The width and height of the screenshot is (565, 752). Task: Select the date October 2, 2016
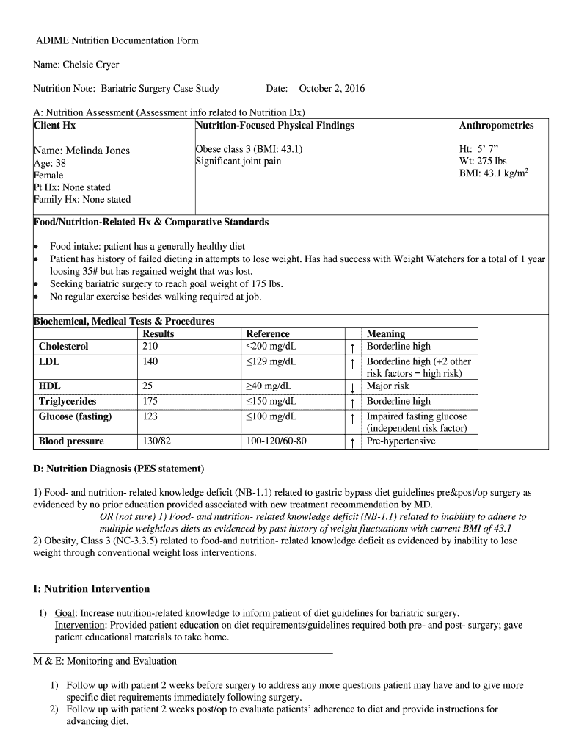tap(332, 89)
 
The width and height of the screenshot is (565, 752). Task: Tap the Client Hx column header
tap(54, 126)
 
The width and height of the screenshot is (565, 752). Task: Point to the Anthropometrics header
tap(496, 126)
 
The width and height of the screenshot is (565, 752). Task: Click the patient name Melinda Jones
tap(81, 151)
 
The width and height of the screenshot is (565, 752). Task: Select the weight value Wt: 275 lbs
tap(483, 161)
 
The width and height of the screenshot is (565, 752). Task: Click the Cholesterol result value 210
tap(150, 347)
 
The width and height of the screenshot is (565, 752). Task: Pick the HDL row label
tap(50, 386)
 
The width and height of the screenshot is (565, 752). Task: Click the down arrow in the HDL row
tap(353, 388)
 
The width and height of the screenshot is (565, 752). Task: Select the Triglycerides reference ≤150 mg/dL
tap(271, 402)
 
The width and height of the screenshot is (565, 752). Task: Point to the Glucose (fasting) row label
tap(75, 417)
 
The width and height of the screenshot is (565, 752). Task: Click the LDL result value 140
tap(150, 362)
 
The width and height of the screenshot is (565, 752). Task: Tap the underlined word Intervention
tap(81, 625)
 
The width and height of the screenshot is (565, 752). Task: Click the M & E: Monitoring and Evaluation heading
tap(105, 661)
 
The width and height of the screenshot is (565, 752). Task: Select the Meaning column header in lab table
tap(385, 334)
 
